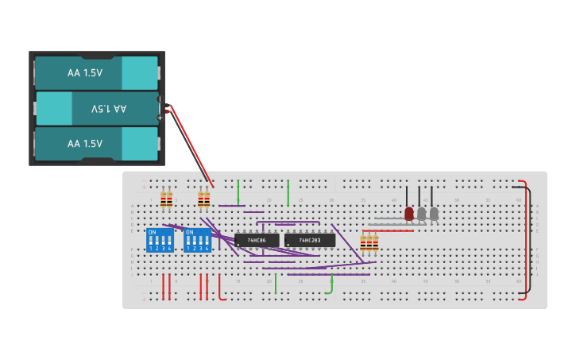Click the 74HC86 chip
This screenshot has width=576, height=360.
257,240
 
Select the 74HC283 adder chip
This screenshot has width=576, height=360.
309,240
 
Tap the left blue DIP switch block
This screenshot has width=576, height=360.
160,240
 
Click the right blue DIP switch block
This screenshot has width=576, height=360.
197,240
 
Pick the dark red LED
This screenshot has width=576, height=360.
409,214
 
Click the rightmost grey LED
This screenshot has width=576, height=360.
434,214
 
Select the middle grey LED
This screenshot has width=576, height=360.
422,214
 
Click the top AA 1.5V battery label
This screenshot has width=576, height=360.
85,72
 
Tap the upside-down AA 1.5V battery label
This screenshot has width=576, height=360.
108,108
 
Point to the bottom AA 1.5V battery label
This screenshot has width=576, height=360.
85,144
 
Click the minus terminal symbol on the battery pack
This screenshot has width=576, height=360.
160,99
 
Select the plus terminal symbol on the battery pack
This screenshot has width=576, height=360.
160,118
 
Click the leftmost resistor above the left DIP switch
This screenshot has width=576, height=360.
164,200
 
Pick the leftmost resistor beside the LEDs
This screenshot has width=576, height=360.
363,242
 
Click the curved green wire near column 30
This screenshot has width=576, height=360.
331,287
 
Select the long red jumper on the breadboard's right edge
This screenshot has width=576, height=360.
524,237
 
